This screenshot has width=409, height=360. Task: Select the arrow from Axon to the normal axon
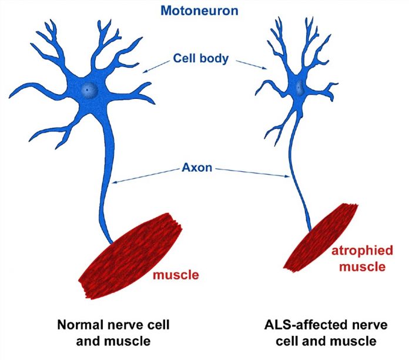coord(147,176)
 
